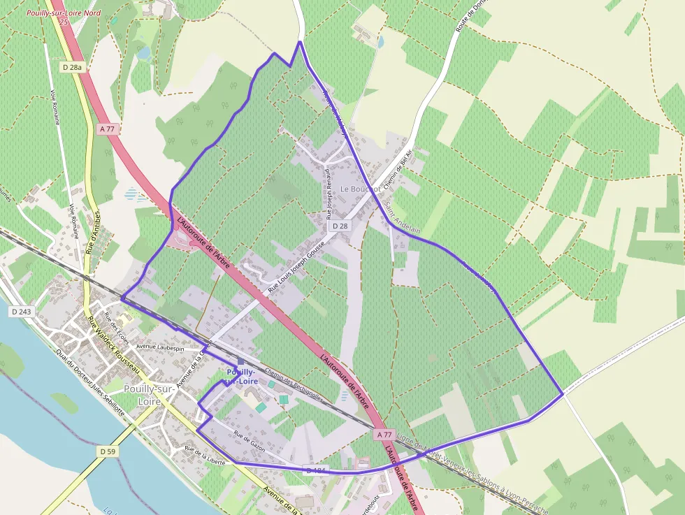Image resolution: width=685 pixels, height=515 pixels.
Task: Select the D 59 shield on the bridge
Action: click(107, 452)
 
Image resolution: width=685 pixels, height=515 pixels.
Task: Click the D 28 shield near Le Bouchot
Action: click(340, 226)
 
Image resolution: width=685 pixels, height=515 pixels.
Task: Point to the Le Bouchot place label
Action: click(361, 189)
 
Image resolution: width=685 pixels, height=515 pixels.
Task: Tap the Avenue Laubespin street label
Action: click(160, 347)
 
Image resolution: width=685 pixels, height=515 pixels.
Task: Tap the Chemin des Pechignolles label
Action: click(294, 386)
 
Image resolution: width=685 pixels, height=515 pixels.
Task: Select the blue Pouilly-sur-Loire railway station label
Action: click(241, 377)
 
